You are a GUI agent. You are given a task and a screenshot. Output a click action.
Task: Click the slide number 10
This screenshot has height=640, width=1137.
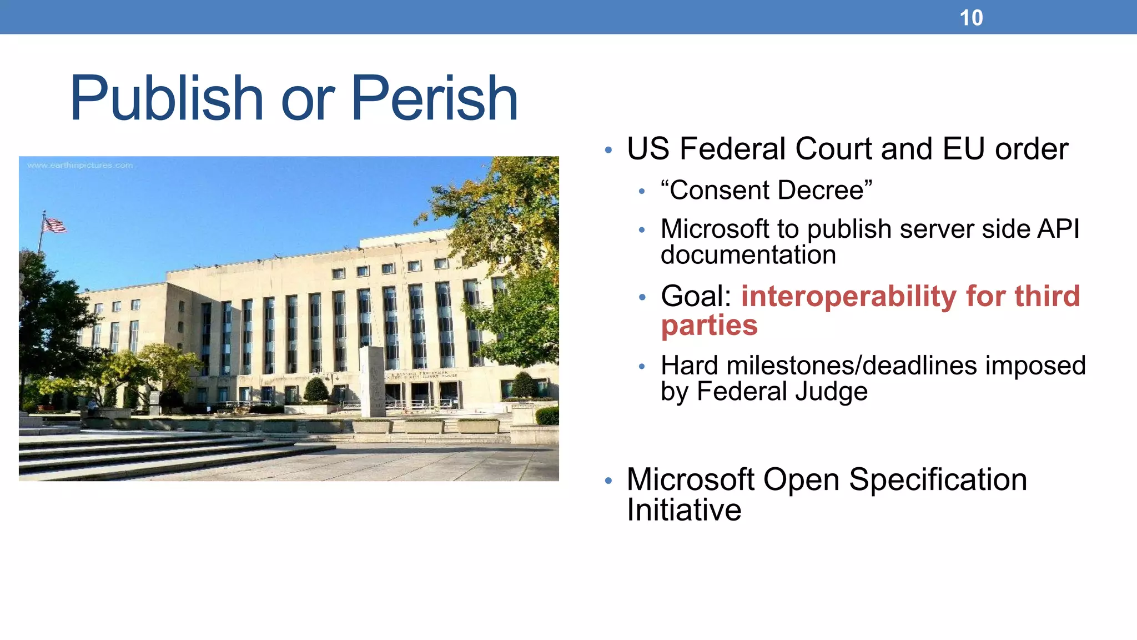click(x=971, y=18)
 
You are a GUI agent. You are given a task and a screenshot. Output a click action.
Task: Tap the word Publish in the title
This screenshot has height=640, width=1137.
click(x=166, y=99)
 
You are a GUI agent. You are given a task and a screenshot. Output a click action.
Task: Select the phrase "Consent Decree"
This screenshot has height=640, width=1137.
click(x=766, y=190)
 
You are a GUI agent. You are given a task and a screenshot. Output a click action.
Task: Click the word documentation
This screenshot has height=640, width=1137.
click(x=748, y=255)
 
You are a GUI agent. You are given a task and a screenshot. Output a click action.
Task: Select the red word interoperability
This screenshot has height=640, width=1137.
click(x=849, y=296)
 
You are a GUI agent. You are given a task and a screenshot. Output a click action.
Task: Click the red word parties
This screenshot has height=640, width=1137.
click(x=709, y=326)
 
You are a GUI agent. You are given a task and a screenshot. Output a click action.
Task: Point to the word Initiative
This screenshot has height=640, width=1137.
click(x=683, y=510)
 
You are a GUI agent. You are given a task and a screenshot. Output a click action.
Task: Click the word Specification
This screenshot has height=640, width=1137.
click(x=938, y=479)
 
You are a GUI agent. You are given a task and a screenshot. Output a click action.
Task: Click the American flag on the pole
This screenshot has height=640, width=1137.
click(x=54, y=225)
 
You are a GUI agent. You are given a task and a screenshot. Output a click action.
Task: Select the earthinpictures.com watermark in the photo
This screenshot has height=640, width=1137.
click(x=80, y=166)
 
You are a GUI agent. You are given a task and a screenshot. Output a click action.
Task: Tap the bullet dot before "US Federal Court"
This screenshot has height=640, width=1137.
click(x=608, y=150)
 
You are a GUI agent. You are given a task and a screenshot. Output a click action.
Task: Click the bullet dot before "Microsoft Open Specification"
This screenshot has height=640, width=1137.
click(x=608, y=481)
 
